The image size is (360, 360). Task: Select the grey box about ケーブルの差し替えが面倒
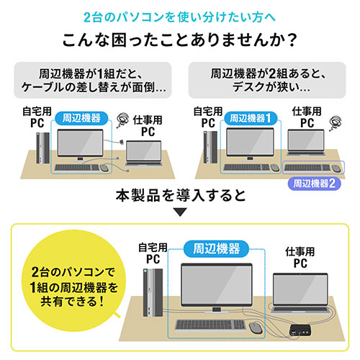pyautogui.click(x=94, y=78)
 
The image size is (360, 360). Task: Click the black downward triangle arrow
pyautogui.click(x=180, y=212)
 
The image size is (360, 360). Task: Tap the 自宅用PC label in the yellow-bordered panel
pyautogui.click(x=153, y=252)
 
